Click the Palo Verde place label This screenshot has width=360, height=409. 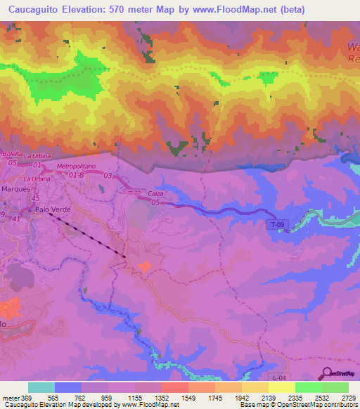(53, 209)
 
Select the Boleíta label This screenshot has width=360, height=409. (12, 154)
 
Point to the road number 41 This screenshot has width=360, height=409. (16, 219)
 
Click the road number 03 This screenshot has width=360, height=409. (108, 175)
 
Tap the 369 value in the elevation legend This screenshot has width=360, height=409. (27, 398)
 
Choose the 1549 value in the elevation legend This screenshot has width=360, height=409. (188, 398)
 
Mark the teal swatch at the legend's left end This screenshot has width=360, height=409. (41, 387)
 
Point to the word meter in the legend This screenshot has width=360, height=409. (10, 398)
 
